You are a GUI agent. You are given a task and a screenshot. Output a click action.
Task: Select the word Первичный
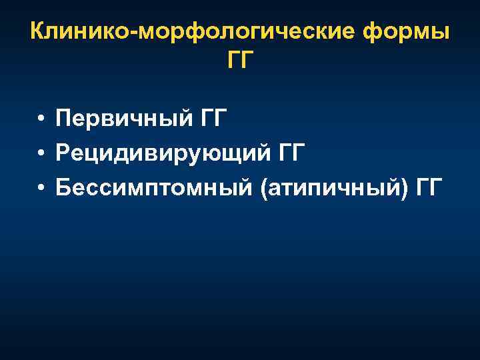(113, 121)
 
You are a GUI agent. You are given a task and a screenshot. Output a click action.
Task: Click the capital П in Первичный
(63, 120)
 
